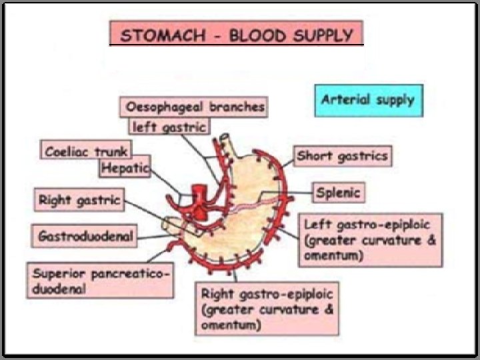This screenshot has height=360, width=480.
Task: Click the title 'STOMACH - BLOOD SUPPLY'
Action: [237, 34]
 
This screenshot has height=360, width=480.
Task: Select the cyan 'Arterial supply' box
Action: [368, 101]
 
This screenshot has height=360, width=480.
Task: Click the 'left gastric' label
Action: [168, 125]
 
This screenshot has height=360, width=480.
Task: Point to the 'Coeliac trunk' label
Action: [86, 151]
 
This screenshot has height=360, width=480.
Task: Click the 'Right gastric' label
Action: [79, 199]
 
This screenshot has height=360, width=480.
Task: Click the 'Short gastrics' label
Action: [342, 157]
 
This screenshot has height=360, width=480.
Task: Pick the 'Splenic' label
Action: [338, 193]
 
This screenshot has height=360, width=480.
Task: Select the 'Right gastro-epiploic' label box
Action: [267, 309]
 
